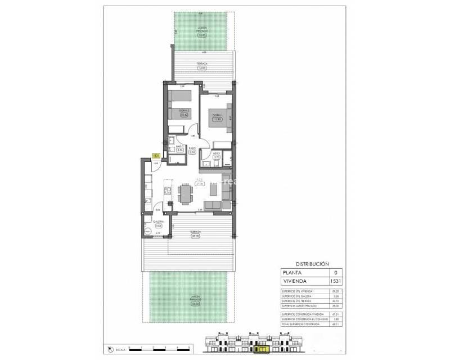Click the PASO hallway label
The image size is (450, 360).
click(192, 148)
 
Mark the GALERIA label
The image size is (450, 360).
click(158, 222)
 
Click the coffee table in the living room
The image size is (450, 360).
click(209, 192)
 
